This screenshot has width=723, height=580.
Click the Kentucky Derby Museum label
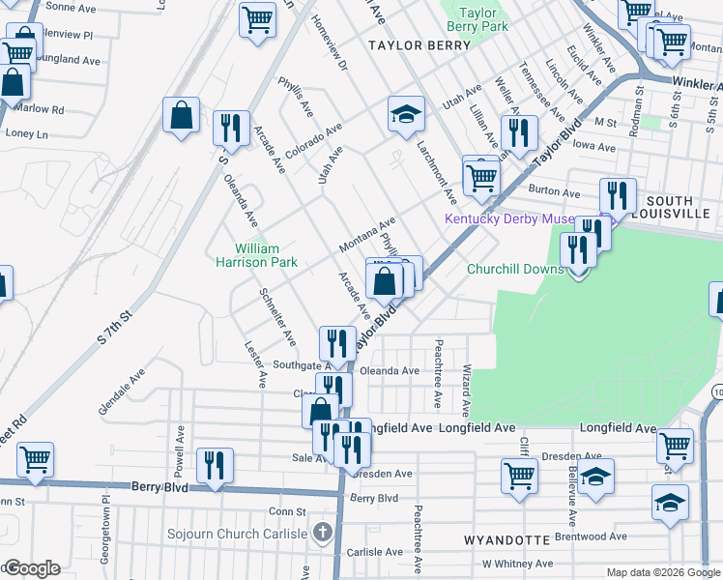tap(509, 219)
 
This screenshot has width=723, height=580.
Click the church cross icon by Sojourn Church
tap(323, 533)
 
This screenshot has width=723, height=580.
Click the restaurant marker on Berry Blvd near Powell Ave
tap(215, 465)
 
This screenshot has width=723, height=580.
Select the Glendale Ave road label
tap(122, 391)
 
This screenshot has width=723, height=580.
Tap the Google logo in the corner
tap(31, 568)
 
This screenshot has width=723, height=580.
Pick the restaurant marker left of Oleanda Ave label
tap(336, 343)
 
